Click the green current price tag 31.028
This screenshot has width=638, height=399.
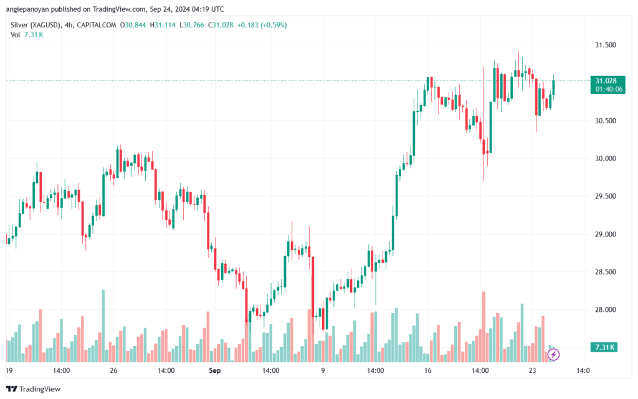606,81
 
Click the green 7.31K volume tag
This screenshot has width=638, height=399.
606,347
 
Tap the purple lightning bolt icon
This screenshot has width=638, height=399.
553,355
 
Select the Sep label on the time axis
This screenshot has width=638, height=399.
214,370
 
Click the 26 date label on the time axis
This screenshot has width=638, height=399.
113,370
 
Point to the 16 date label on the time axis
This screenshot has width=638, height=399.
427,370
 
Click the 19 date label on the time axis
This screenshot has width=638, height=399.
9,370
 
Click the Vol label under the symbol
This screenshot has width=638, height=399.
16,34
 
